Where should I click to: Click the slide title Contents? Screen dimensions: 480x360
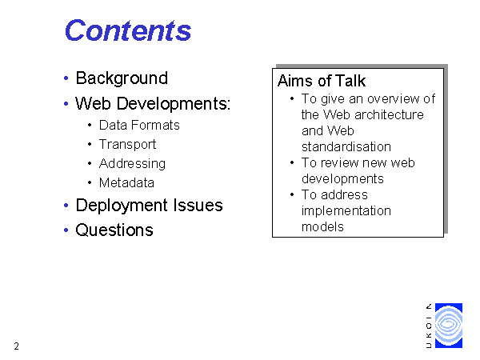tap(128, 30)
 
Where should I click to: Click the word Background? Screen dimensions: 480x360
tap(122, 78)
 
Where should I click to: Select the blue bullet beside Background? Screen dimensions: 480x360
tap(66, 78)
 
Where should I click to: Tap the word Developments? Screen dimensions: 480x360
tap(173, 103)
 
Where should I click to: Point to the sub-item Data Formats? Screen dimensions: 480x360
tap(139, 126)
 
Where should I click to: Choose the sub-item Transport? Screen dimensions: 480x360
tap(128, 145)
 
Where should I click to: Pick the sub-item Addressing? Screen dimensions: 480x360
tap(132, 164)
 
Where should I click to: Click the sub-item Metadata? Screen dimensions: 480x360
tap(126, 182)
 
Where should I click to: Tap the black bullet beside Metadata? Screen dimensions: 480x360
tap(90, 182)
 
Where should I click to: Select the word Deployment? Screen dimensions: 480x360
tap(122, 206)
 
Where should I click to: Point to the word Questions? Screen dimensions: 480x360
tap(114, 230)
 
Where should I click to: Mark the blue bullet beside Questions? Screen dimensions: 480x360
tap(66, 230)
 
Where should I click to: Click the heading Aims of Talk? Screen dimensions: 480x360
tap(322, 81)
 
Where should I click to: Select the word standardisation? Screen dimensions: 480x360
tap(346, 146)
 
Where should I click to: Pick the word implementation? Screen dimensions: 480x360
tap(346, 210)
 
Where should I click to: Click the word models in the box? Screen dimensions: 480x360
tap(322, 227)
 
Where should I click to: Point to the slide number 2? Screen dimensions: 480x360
tap(16, 346)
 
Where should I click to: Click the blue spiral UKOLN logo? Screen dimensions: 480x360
tap(449, 326)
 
